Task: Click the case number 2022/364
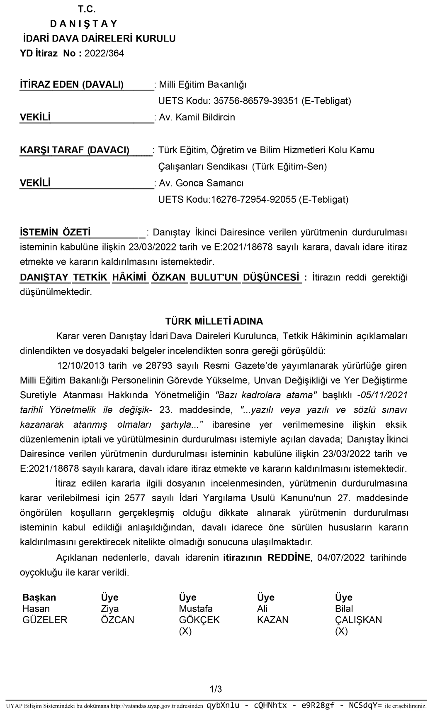[104, 54]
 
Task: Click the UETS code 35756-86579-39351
[256, 101]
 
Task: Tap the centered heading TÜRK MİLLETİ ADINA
[214, 321]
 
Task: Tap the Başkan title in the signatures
[39, 598]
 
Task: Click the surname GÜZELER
[45, 620]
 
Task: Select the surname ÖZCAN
[117, 620]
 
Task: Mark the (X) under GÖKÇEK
[185, 632]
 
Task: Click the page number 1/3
[216, 690]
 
